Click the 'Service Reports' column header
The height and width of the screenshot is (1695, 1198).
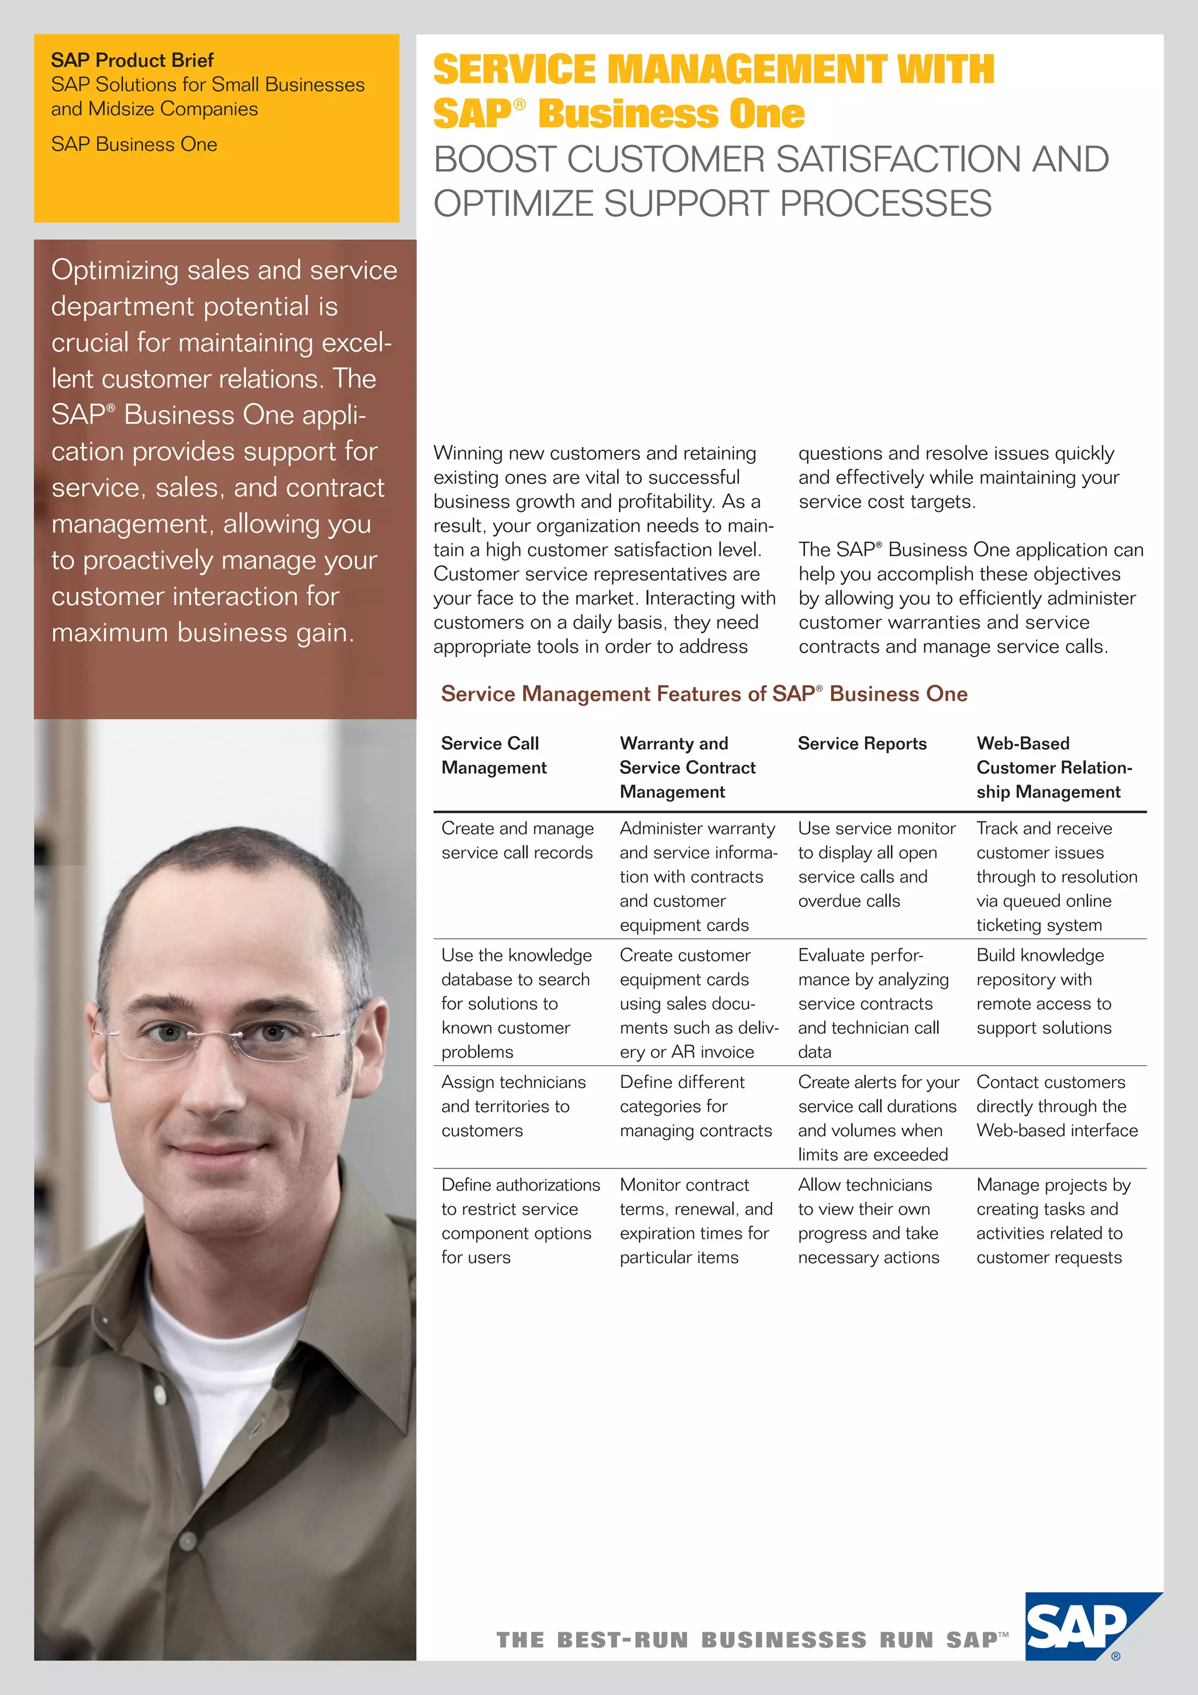tap(862, 744)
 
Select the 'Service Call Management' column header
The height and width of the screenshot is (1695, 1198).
tap(494, 755)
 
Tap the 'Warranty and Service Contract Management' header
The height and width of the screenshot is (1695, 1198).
tap(687, 767)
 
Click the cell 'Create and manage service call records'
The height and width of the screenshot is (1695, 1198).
tap(517, 840)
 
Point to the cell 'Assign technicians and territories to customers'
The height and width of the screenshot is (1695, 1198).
tap(512, 1106)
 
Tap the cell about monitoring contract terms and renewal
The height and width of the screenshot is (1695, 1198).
tap(696, 1220)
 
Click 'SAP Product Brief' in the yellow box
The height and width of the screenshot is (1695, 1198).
tap(132, 60)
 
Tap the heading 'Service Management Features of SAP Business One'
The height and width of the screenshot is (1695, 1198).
tap(704, 694)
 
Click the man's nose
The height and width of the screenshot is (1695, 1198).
tap(218, 1071)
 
